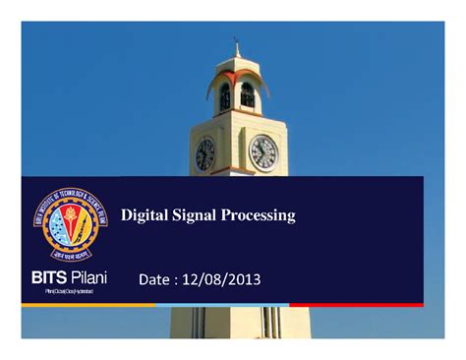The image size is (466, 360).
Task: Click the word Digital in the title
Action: click(x=142, y=215)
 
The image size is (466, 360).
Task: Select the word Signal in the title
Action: click(x=192, y=215)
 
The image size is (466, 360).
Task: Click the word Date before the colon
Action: click(x=158, y=282)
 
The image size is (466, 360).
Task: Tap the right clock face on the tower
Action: click(x=263, y=151)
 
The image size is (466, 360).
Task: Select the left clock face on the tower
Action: click(x=205, y=153)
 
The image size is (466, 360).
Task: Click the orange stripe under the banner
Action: click(x=88, y=305)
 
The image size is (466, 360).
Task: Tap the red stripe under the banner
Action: click(x=384, y=305)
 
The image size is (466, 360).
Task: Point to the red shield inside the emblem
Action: click(x=66, y=221)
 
